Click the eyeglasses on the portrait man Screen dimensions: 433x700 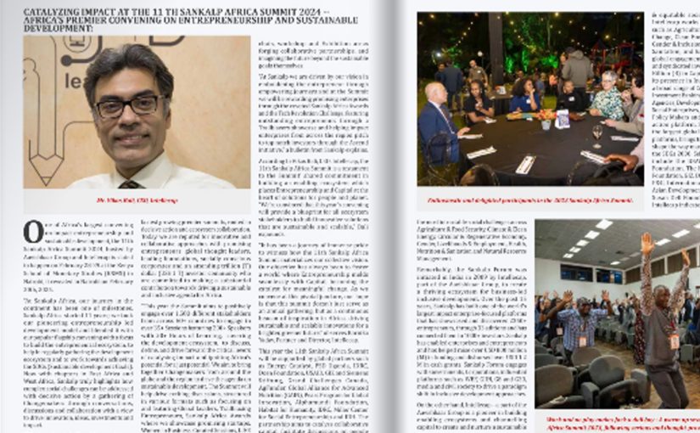(128, 106)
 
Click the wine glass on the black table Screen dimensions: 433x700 (596, 133)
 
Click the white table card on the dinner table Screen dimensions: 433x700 (562, 119)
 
